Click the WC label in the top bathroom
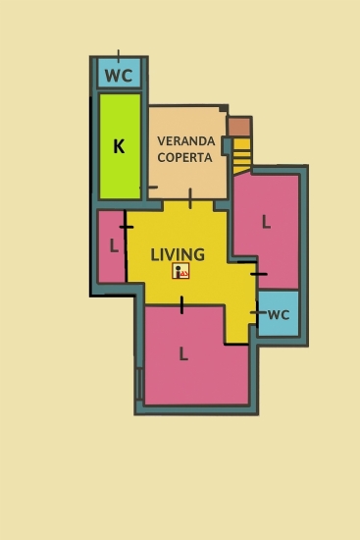(119, 76)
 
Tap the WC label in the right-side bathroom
(279, 315)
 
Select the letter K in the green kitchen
(119, 146)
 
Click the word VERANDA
(186, 140)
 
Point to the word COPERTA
(184, 157)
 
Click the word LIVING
(178, 254)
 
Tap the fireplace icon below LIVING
(180, 271)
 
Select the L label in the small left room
(114, 245)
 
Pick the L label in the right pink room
(266, 222)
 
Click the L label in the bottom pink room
(183, 353)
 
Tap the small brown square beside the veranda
(239, 127)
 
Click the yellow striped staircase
(241, 156)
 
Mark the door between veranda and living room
(190, 198)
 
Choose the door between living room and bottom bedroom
(181, 305)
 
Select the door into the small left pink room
(127, 227)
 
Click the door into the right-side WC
(258, 312)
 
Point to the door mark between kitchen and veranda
(149, 188)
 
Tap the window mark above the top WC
(119, 56)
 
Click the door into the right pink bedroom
(259, 274)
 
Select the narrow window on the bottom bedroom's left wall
(139, 384)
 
